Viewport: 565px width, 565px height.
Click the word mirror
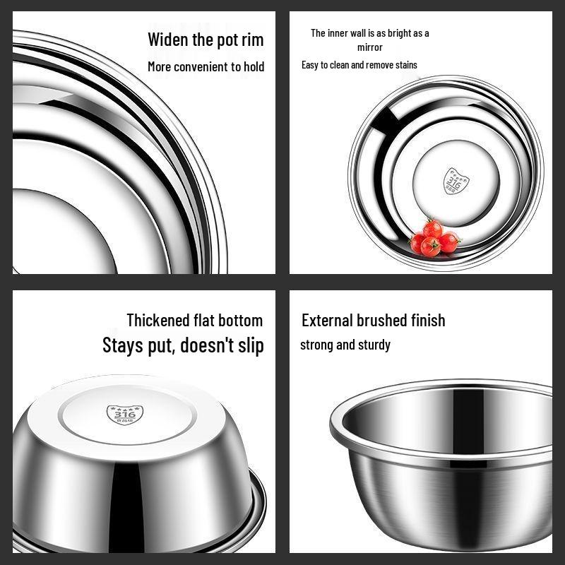tap(369, 47)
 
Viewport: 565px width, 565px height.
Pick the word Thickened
tap(158, 320)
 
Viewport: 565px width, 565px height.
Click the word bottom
tap(241, 320)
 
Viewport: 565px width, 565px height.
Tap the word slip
tap(249, 345)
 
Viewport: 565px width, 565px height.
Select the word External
tap(327, 320)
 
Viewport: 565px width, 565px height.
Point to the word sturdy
tap(374, 345)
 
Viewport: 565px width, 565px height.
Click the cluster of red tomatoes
tap(434, 238)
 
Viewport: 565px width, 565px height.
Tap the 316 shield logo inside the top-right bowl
tap(455, 180)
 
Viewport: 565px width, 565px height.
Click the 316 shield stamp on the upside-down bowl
tap(124, 414)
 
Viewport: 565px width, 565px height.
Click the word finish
tap(429, 320)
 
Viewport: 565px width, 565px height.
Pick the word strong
tap(316, 345)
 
